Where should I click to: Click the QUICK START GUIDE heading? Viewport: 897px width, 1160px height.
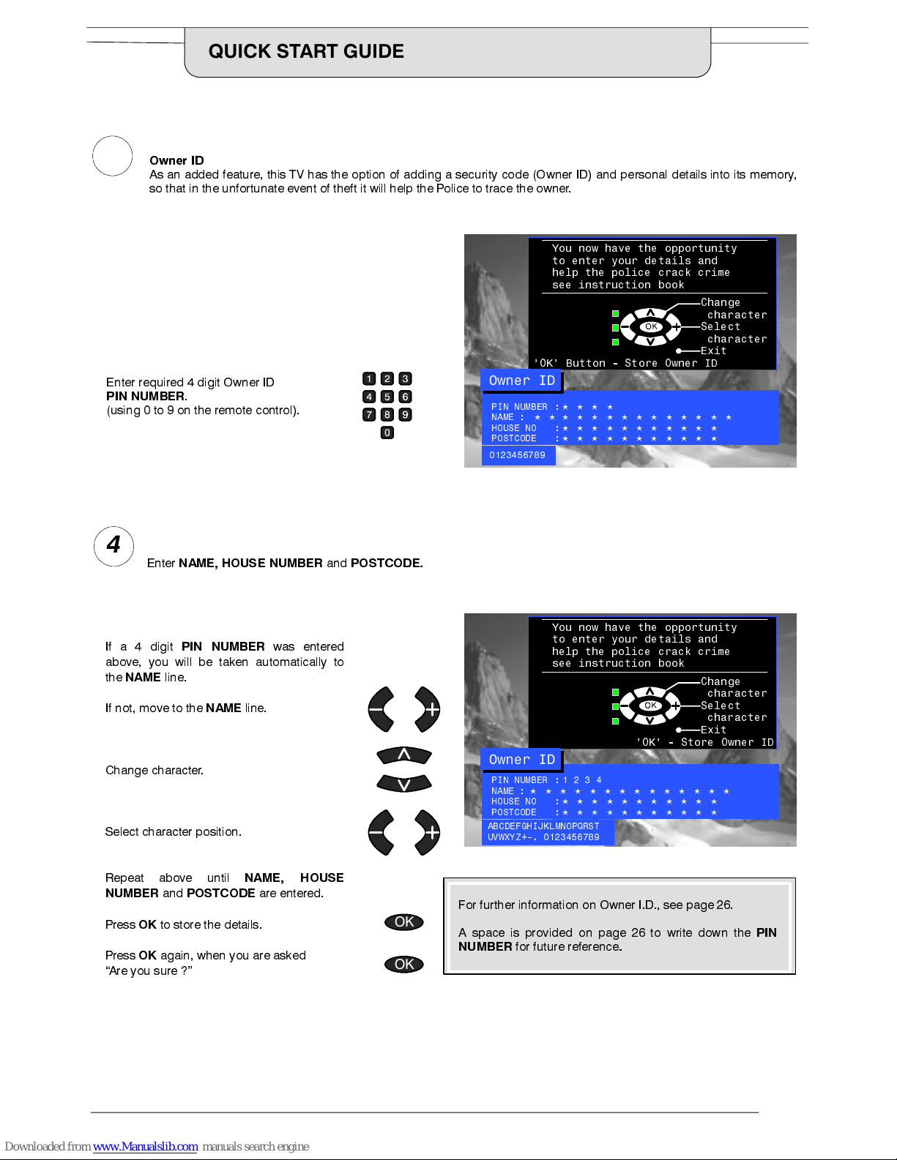[306, 51]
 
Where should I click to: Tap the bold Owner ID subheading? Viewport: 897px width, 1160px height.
[176, 160]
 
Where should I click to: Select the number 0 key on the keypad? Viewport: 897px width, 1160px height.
[387, 433]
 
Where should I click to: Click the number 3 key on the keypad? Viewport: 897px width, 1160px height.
[405, 378]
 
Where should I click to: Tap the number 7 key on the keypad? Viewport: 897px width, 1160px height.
[369, 415]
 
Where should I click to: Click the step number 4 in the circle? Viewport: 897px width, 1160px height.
[113, 545]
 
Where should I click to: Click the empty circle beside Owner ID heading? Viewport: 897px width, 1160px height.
[112, 156]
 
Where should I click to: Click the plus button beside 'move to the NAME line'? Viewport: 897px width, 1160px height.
[428, 709]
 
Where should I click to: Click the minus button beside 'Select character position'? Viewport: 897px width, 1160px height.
[381, 832]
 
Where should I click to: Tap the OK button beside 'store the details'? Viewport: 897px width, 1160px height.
[404, 922]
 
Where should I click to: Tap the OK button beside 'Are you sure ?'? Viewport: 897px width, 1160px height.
[404, 964]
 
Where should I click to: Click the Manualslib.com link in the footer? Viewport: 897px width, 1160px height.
[145, 1147]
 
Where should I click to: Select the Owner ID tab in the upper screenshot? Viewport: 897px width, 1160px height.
[521, 381]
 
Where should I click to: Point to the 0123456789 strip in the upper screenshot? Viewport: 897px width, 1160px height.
[518, 455]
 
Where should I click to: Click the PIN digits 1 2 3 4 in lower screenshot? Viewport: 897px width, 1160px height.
[582, 780]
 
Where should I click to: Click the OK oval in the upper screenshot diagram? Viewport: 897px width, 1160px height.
[651, 326]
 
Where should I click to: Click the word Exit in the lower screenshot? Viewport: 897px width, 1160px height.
[713, 730]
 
